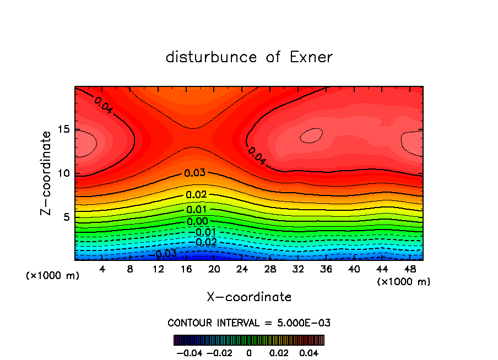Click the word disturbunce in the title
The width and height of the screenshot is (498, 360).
coord(212,57)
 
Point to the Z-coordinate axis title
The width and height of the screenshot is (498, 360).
coord(47,172)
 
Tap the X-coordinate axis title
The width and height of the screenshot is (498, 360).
coord(249,297)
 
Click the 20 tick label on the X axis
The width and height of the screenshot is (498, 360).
coord(214,269)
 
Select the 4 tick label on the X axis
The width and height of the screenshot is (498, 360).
coord(102,269)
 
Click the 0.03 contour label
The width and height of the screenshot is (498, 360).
coord(195,173)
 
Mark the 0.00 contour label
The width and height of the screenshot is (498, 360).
coord(197,221)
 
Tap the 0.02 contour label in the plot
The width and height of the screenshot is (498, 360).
coord(196,194)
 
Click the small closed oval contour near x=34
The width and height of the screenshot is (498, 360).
coord(311,135)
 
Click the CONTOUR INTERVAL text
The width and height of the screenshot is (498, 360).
coord(249,323)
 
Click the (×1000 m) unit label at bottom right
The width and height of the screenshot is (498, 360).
coord(404,282)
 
